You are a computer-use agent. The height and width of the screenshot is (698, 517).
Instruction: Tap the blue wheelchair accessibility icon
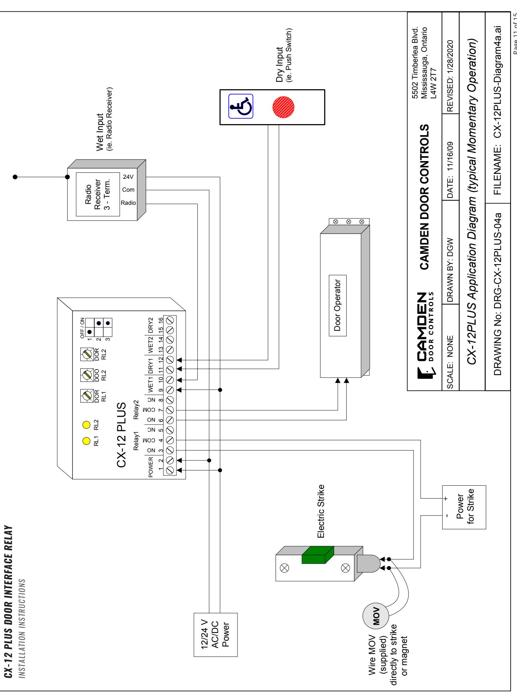click(x=241, y=106)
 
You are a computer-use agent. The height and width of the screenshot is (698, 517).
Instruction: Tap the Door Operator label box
click(x=338, y=305)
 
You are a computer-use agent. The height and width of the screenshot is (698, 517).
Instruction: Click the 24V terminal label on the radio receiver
click(x=128, y=177)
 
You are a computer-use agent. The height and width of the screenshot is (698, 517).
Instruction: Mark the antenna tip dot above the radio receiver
click(x=15, y=177)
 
